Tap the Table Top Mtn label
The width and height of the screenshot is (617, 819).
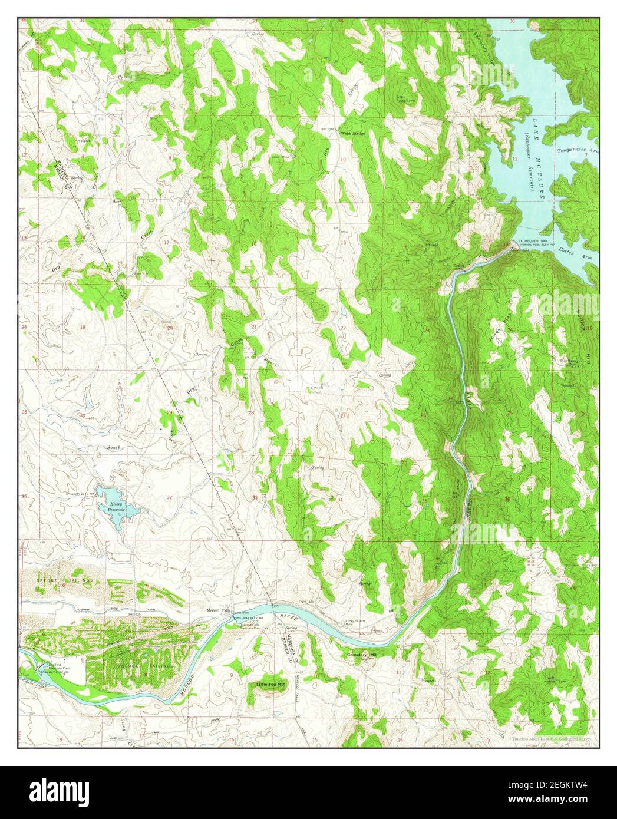(270, 685)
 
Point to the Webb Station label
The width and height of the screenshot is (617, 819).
(353, 134)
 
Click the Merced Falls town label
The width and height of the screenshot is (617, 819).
(217, 610)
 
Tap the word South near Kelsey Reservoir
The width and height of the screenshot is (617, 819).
(113, 448)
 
